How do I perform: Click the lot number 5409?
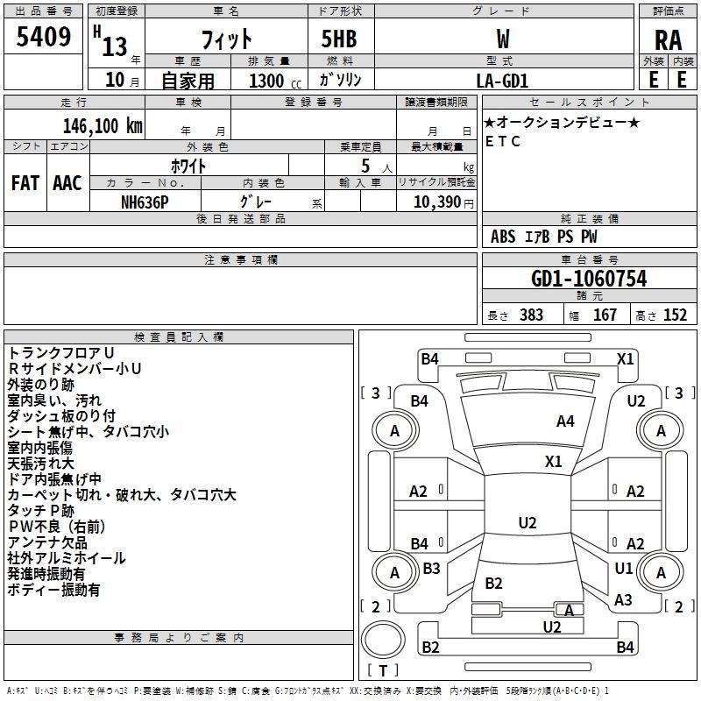pos(43,37)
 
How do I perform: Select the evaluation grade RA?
pos(668,40)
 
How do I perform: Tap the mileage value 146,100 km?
pos(103,126)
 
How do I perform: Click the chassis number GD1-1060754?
pos(589,279)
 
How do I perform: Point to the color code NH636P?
pos(145,202)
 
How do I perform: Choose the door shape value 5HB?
pos(339,39)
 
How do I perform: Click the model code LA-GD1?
pos(502,81)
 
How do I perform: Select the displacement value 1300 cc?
pos(275,81)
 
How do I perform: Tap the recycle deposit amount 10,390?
pos(436,202)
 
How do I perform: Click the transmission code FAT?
pos(25,183)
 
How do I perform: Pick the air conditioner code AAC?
pos(67,183)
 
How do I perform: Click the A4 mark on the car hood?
pos(565,421)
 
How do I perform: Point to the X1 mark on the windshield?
pos(554,461)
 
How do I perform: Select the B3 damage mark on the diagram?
pos(431,568)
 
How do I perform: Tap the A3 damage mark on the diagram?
pos(623,599)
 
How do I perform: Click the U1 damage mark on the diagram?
pos(624,568)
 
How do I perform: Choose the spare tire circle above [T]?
pos(383,639)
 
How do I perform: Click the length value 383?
pos(531,315)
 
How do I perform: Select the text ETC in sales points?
pos(503,141)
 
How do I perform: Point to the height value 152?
pos(675,315)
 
